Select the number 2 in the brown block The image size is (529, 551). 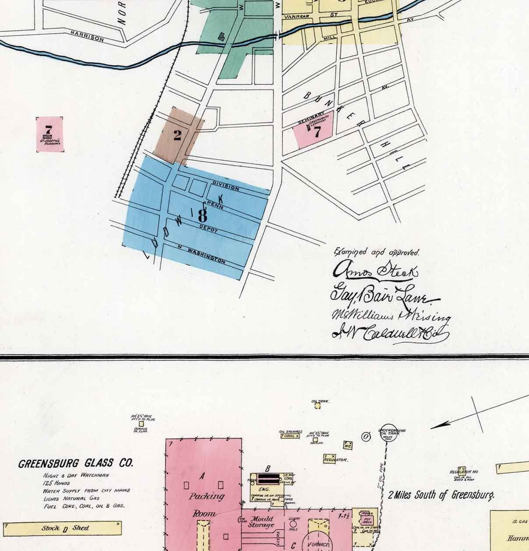click(177, 135)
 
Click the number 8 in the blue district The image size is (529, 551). click(202, 215)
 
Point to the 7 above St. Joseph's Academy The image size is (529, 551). click(48, 130)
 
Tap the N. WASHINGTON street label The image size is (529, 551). click(201, 255)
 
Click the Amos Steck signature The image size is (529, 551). click(376, 271)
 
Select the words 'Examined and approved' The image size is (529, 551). click(377, 252)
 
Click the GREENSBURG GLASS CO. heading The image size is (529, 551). click(76, 463)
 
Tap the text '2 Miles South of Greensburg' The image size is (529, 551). click(441, 495)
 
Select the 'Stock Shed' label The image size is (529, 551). click(65, 528)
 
